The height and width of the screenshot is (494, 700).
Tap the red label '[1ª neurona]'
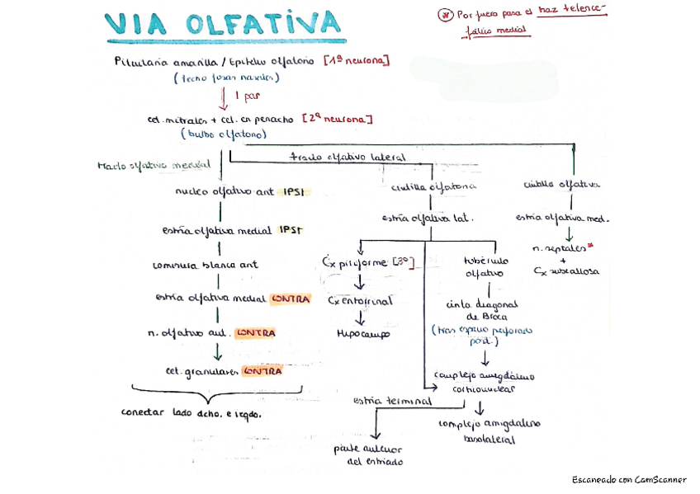(357, 62)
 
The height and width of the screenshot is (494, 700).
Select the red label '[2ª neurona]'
(338, 119)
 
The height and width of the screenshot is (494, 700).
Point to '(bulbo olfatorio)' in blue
(223, 133)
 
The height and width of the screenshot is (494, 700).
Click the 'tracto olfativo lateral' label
(347, 157)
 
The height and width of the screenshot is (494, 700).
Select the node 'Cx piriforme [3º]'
(367, 262)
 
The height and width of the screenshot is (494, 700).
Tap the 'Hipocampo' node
(363, 334)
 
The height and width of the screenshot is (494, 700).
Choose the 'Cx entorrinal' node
(361, 301)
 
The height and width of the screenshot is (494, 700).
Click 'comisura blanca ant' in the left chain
(206, 266)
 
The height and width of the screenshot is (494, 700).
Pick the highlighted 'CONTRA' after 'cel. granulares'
(262, 371)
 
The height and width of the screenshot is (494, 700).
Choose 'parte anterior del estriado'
(369, 455)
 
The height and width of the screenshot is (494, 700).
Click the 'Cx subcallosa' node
(566, 271)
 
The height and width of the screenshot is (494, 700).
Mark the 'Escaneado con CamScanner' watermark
(629, 479)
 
